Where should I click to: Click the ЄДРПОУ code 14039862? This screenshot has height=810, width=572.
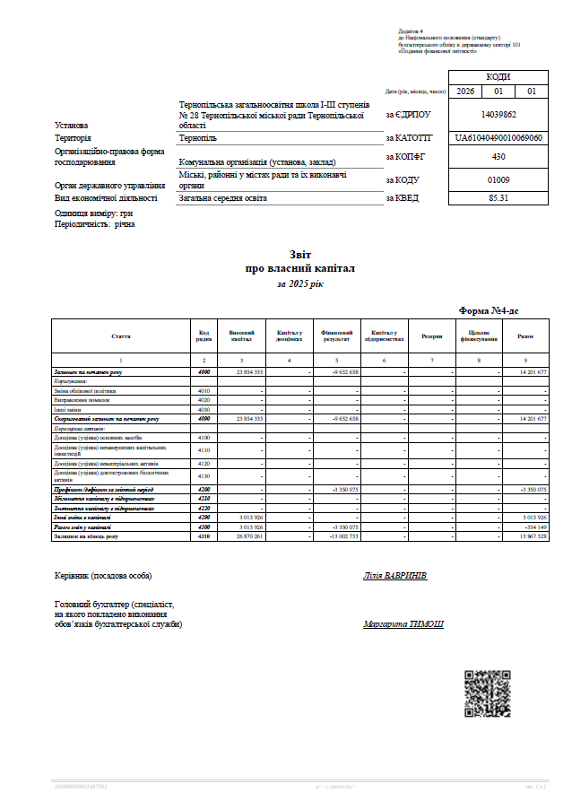pyautogui.click(x=498, y=115)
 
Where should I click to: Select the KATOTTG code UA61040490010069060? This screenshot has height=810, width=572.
pyautogui.click(x=498, y=138)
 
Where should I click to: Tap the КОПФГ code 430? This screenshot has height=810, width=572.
pyautogui.click(x=498, y=157)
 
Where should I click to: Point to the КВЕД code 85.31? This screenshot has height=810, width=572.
pyautogui.click(x=498, y=197)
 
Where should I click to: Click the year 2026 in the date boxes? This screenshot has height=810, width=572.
pyautogui.click(x=465, y=91)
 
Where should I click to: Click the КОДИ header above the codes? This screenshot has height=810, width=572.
pyautogui.click(x=498, y=77)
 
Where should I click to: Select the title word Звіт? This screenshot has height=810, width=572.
pyautogui.click(x=299, y=255)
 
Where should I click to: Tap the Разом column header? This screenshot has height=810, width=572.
pyautogui.click(x=525, y=336)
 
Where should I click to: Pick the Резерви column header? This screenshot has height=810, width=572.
pyautogui.click(x=431, y=336)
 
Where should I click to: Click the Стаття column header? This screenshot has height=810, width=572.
pyautogui.click(x=121, y=336)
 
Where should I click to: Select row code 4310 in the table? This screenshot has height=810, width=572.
pyautogui.click(x=204, y=536)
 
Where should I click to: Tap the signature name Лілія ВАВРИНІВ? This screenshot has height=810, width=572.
pyautogui.click(x=395, y=575)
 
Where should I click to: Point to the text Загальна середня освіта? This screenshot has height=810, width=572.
pyautogui.click(x=223, y=197)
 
